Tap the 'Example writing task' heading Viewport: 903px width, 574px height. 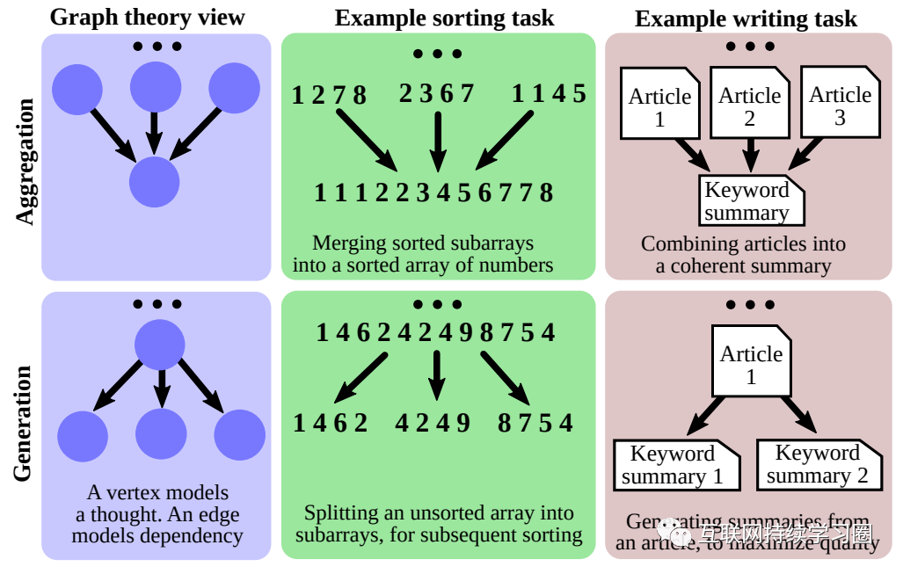point(746,18)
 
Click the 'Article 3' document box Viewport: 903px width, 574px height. point(840,105)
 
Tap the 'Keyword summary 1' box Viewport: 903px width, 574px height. point(673,465)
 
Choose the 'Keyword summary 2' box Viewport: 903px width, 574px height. point(817,464)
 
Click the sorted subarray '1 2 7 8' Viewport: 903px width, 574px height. point(329,94)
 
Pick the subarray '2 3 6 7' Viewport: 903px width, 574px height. point(436,92)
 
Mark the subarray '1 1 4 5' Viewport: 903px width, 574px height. point(549,92)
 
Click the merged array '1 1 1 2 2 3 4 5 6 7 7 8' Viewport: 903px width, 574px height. point(433,193)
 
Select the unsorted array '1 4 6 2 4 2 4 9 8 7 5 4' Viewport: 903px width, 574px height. point(435,332)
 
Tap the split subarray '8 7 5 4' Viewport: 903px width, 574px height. point(535,423)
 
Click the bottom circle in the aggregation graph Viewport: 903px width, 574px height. point(154,182)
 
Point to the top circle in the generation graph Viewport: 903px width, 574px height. point(159,344)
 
